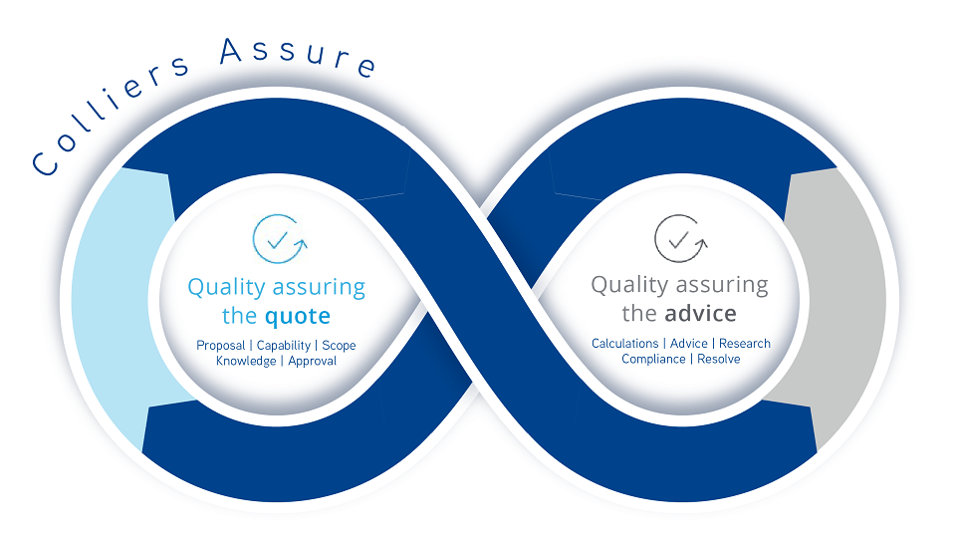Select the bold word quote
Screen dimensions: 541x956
297,317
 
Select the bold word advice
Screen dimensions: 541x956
700,314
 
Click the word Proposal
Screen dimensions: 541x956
221,346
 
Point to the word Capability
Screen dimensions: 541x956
284,346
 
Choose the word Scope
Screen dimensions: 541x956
339,346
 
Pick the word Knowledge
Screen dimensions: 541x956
246,361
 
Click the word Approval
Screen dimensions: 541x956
313,361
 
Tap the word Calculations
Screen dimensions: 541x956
624,344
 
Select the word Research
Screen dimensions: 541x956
745,344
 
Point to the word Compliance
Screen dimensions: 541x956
653,359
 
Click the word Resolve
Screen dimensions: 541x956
719,359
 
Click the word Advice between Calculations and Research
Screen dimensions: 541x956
689,344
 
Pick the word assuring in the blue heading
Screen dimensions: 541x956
320,288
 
